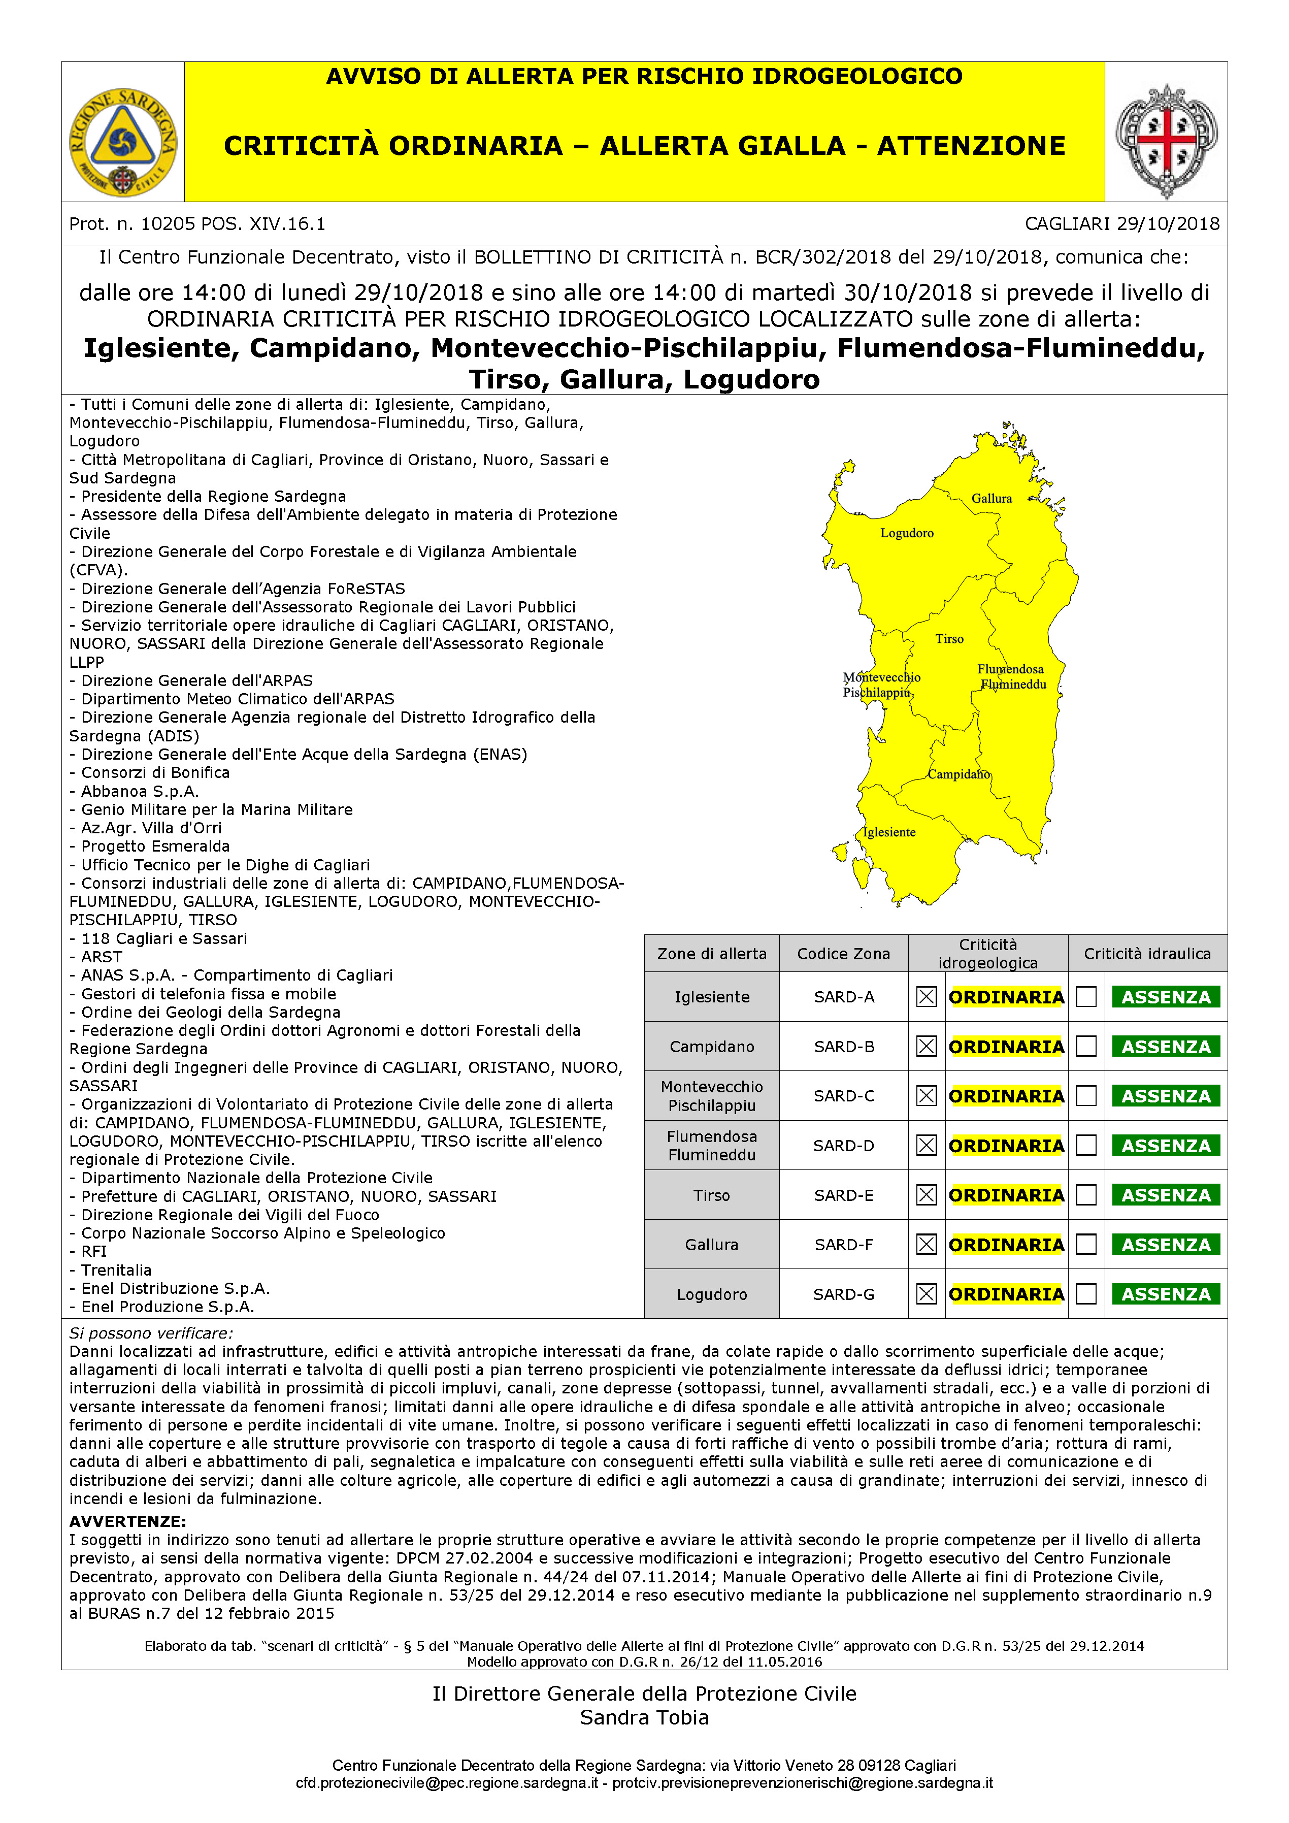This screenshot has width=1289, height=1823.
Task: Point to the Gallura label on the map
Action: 991,499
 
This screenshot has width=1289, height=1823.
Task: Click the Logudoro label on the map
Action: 906,533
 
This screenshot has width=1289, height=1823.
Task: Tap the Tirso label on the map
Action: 949,638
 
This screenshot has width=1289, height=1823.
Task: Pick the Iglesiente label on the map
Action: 889,832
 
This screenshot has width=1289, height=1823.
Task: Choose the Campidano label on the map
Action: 959,774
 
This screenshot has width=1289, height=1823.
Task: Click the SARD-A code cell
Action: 844,997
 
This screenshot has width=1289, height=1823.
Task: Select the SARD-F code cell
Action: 844,1245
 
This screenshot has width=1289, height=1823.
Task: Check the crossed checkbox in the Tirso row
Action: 927,1195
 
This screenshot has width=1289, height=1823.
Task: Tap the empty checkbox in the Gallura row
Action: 1086,1245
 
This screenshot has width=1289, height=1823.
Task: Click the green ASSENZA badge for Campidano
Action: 1165,1047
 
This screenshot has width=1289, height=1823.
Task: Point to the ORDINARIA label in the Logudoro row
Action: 1006,1294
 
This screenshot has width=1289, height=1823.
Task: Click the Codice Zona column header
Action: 844,954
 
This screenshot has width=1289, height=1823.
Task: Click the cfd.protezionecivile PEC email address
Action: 447,1783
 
